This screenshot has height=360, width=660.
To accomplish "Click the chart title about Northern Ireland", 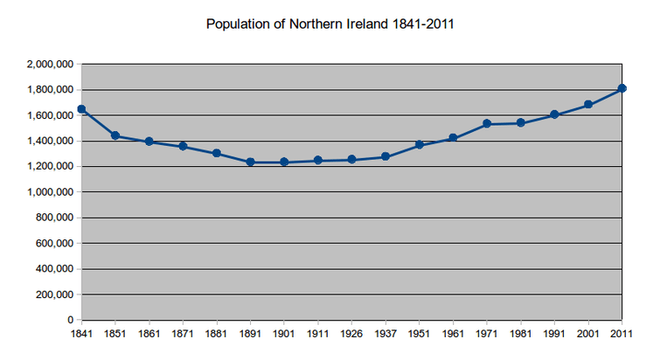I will pyautogui.click(x=330, y=24).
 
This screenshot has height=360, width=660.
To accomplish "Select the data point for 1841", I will pyautogui.click(x=81, y=109).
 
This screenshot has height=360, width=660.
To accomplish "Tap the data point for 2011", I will pyautogui.click(x=622, y=88).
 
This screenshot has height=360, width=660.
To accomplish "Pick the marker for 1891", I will pyautogui.click(x=250, y=162).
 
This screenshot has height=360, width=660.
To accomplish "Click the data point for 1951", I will pyautogui.click(x=420, y=144).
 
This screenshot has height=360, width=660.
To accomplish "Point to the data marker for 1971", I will pyautogui.click(x=487, y=124).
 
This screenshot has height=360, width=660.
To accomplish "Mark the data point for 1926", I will pyautogui.click(x=351, y=159).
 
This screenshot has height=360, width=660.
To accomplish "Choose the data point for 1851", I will pyautogui.click(x=115, y=135).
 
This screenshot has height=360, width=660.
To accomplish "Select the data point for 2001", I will pyautogui.click(x=588, y=104).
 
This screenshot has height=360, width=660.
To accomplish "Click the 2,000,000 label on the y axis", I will pyautogui.click(x=51, y=64).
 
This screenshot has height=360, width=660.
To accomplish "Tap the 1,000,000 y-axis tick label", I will pyautogui.click(x=51, y=192).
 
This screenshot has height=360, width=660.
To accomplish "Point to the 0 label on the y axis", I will pyautogui.click(x=72, y=320).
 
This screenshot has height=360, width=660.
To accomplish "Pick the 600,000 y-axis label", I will pyautogui.click(x=55, y=243).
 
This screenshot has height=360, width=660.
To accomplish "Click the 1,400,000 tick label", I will pyautogui.click(x=51, y=141).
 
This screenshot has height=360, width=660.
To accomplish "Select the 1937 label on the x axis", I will pyautogui.click(x=386, y=333).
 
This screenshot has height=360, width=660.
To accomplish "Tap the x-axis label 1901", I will pyautogui.click(x=284, y=333).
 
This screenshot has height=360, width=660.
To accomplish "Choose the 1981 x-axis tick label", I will pyautogui.click(x=521, y=333).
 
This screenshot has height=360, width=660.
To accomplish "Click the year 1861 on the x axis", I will pyautogui.click(x=149, y=333).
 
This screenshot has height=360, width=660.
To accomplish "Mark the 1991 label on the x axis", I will pyautogui.click(x=554, y=333).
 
